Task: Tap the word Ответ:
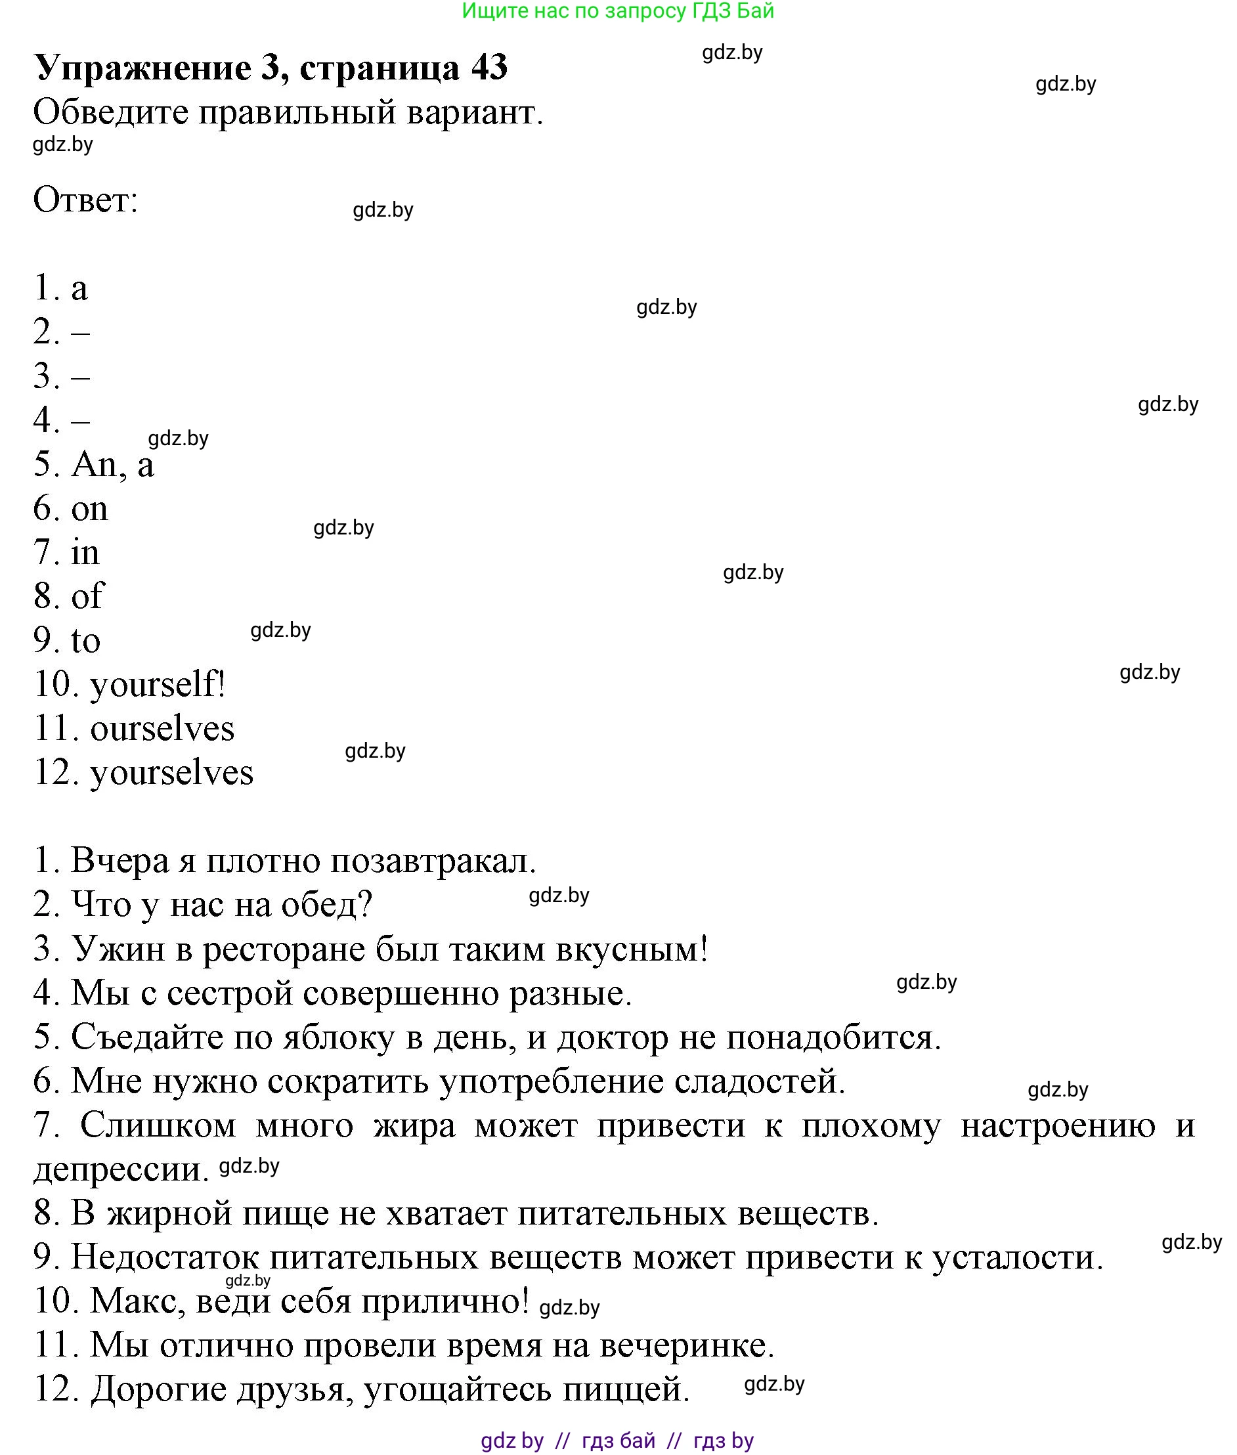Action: [x=85, y=200]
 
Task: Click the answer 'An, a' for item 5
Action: [x=112, y=464]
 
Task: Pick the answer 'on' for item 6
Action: [x=90, y=509]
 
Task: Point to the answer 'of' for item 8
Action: [x=88, y=596]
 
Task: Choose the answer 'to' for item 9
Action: [x=86, y=640]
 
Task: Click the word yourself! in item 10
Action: [x=158, y=684]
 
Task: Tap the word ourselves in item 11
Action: [x=162, y=729]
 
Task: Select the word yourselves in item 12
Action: [x=172, y=773]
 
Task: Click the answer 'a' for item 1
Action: [x=79, y=288]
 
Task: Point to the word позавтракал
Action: [x=433, y=861]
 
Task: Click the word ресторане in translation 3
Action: [x=283, y=949]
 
